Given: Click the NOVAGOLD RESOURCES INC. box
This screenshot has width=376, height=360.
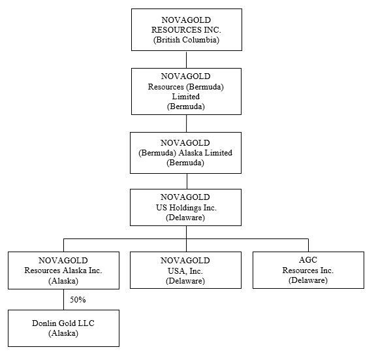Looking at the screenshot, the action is pyautogui.click(x=187, y=30).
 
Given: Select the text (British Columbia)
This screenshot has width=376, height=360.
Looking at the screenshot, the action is pyautogui.click(x=186, y=40).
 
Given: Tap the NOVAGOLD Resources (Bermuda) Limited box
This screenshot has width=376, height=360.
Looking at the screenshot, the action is pyautogui.click(x=186, y=91).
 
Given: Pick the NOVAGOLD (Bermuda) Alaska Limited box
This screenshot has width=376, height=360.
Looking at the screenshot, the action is pyautogui.click(x=185, y=153).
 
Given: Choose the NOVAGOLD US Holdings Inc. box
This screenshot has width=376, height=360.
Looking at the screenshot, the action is pyautogui.click(x=185, y=207).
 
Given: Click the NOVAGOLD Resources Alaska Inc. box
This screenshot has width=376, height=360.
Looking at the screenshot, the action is pyautogui.click(x=63, y=270).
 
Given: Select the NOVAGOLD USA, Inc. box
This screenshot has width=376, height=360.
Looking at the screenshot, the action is pyautogui.click(x=185, y=270).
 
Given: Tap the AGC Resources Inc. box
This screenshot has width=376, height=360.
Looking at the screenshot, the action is pyautogui.click(x=308, y=270).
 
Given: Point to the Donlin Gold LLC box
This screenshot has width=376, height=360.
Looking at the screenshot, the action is pyautogui.click(x=63, y=329).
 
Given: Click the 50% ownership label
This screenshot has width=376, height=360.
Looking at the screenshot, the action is pyautogui.click(x=78, y=299).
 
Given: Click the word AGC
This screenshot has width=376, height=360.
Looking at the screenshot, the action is pyautogui.click(x=308, y=259).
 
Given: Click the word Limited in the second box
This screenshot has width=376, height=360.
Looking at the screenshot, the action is pyautogui.click(x=186, y=97).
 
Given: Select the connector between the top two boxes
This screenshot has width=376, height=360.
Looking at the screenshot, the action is pyautogui.click(x=187, y=59).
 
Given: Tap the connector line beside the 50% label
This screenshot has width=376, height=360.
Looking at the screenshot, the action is pyautogui.click(x=64, y=299).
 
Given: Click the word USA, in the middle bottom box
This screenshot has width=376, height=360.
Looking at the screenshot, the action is pyautogui.click(x=178, y=271).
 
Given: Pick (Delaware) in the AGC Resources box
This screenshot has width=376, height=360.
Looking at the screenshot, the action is pyautogui.click(x=308, y=280).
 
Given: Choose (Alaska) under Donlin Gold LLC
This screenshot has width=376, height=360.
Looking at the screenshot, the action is pyautogui.click(x=63, y=333).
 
